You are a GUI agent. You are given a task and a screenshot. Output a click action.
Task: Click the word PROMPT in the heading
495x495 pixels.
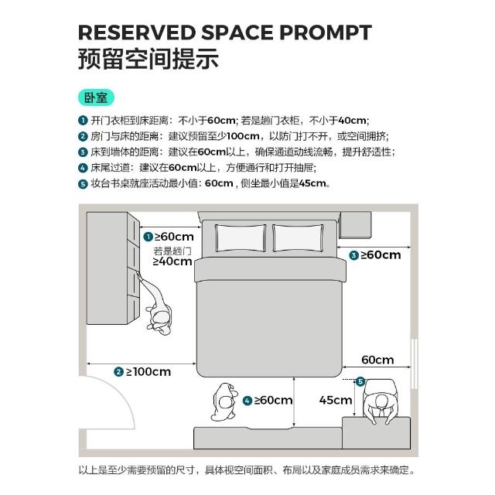click(x=326, y=32)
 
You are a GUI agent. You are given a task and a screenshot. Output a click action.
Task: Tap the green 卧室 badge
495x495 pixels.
click(x=96, y=98)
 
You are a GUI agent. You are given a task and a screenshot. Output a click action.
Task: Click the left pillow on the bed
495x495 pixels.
click(x=241, y=238)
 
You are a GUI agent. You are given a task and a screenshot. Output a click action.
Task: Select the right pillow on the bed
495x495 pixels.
click(x=299, y=238)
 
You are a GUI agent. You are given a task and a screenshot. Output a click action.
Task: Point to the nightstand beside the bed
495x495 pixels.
click(x=355, y=225)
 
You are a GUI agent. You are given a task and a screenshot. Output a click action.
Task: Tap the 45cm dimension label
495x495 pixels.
click(x=335, y=400)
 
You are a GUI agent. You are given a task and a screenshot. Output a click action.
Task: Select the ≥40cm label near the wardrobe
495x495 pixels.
click(x=172, y=261)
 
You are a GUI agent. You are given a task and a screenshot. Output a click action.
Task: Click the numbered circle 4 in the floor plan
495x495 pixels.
click(x=247, y=401)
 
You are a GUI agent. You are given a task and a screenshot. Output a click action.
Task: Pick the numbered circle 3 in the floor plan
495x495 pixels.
click(x=354, y=255)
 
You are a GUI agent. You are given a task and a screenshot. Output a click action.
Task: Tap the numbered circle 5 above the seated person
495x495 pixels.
click(x=360, y=381)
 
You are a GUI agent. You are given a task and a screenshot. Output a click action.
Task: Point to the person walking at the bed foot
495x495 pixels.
click(x=224, y=402)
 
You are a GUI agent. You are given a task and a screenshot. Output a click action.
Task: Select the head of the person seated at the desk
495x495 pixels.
click(x=381, y=401)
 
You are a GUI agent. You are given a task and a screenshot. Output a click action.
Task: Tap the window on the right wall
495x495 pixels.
click(x=415, y=364)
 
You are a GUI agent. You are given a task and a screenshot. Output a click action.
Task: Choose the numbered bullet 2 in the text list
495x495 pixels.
click(x=83, y=136)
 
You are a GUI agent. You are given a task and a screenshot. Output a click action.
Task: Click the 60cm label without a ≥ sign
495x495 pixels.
click(x=377, y=360)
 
